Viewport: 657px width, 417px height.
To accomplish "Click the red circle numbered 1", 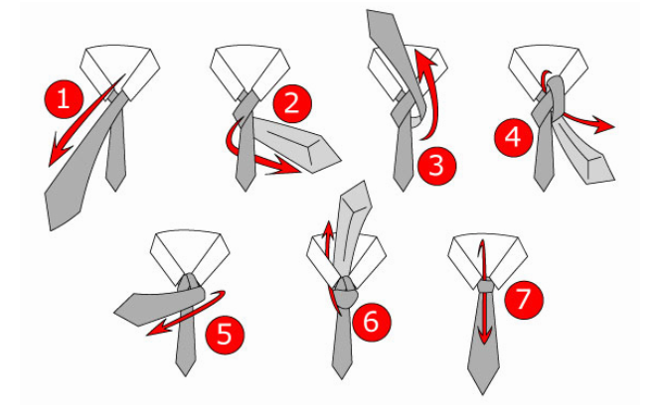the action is [64, 99].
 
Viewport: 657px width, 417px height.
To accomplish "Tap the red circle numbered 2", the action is [292, 103].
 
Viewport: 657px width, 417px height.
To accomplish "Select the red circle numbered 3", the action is [436, 166].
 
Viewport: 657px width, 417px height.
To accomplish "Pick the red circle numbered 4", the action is [514, 137].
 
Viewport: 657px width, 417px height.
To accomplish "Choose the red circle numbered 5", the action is [225, 335].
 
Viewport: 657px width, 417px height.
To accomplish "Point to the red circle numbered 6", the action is [371, 322].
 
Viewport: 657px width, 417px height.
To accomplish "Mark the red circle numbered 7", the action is [524, 300].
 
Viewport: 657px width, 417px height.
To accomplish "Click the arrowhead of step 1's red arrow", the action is [59, 152].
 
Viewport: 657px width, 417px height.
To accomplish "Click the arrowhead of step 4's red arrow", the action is [603, 126].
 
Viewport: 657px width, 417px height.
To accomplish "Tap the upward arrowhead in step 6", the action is [329, 229].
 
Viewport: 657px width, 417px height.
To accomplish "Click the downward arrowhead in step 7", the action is [484, 335].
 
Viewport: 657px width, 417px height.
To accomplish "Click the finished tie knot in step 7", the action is [486, 286].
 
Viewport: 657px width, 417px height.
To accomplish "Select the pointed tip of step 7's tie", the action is [483, 393].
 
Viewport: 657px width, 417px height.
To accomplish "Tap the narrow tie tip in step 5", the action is [185, 375].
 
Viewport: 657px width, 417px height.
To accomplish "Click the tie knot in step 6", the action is [345, 292].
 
